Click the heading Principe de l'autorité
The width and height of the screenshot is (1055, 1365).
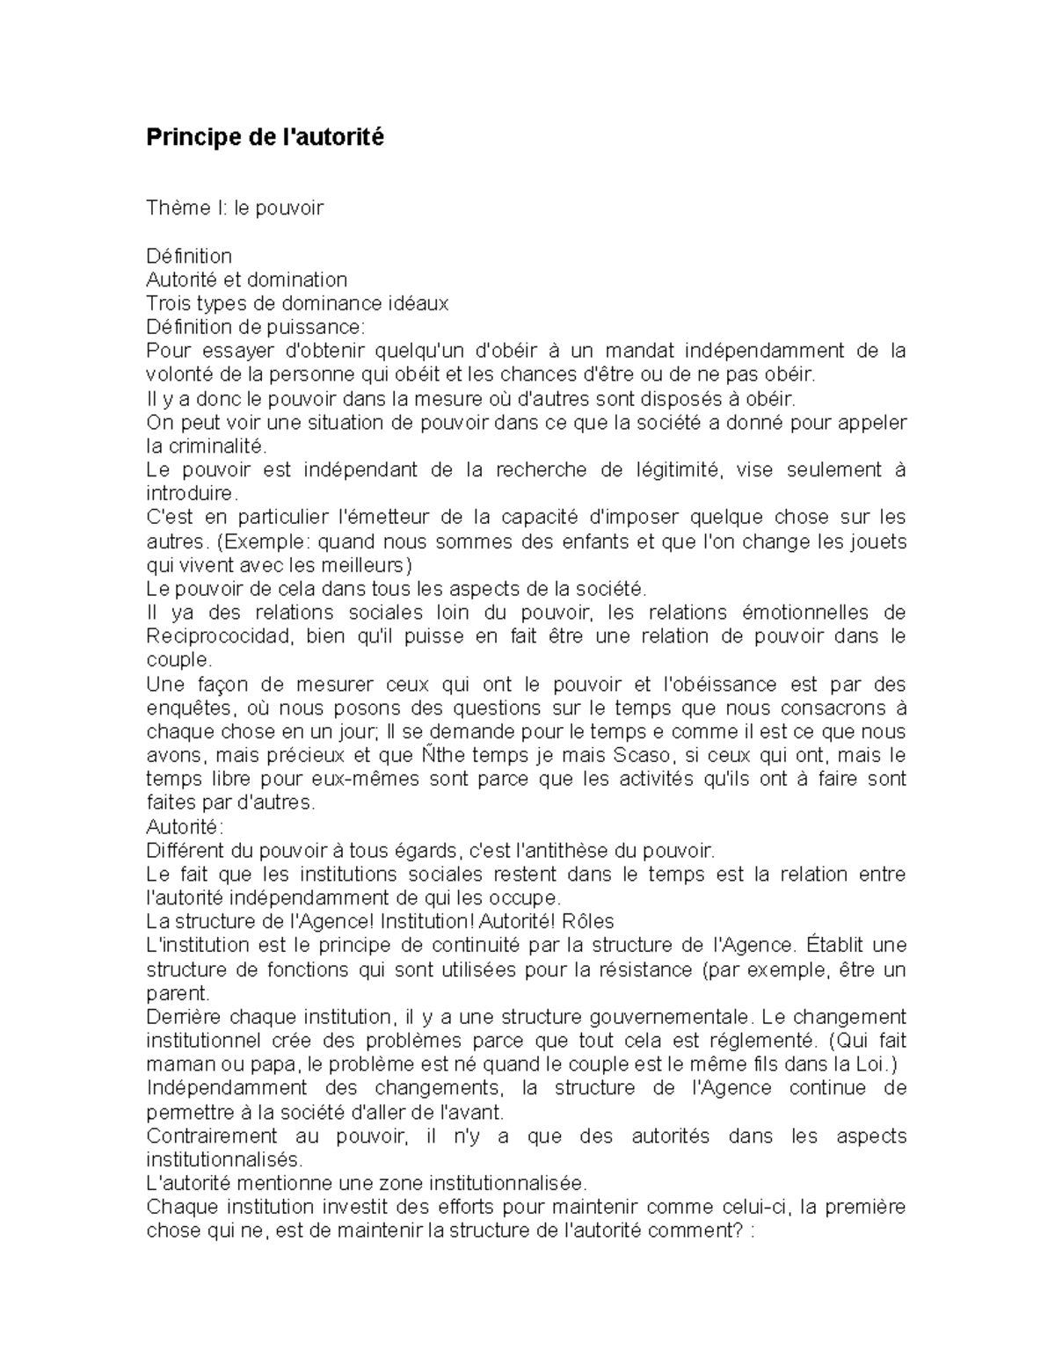coord(265,138)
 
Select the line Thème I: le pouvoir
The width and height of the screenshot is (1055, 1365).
coord(235,208)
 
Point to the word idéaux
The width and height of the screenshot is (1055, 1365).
coord(420,303)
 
